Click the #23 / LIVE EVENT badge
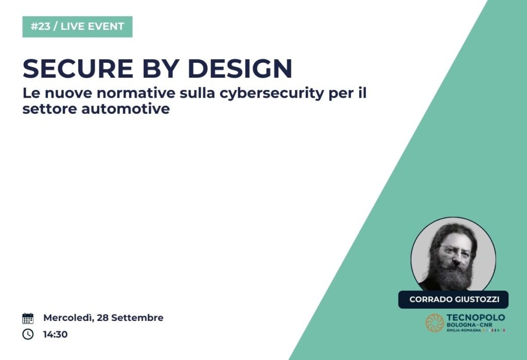[77, 27]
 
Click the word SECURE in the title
[78, 68]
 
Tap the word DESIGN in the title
[240, 68]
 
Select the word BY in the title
[161, 68]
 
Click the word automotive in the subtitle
[126, 109]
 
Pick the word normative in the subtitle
[136, 93]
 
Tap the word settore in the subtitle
[50, 109]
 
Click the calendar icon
[28, 318]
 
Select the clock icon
[28, 334]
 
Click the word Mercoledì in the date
[68, 318]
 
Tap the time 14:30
[55, 334]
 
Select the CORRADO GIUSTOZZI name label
[453, 299]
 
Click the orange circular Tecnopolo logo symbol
[434, 323]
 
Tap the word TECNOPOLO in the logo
[476, 318]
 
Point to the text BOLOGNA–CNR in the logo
[469, 325]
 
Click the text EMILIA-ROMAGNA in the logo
[464, 331]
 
